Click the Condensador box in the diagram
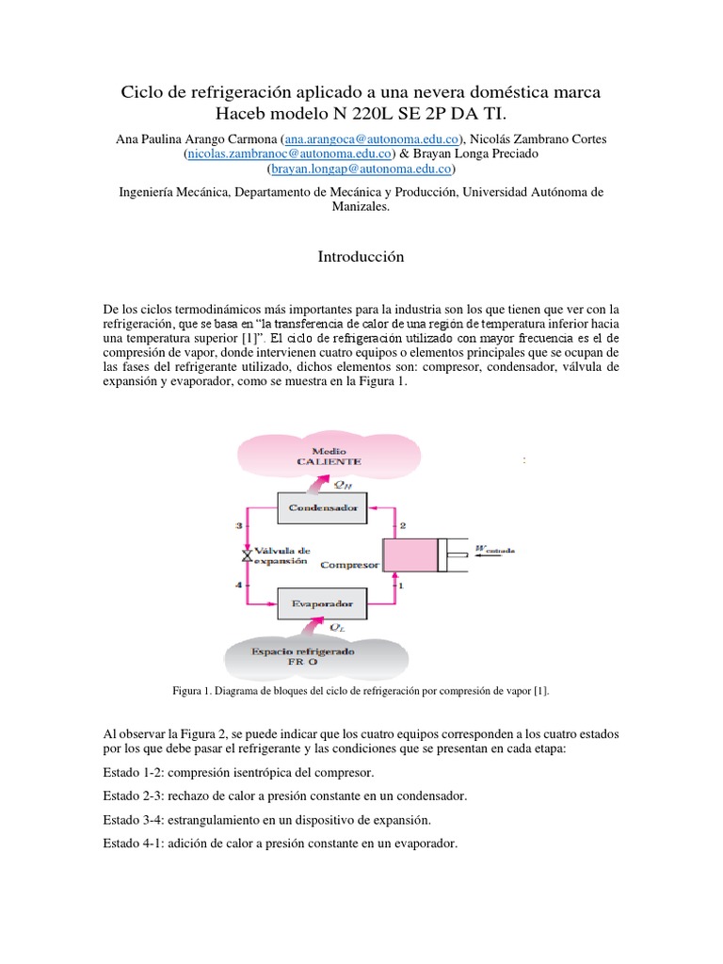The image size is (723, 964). (x=320, y=509)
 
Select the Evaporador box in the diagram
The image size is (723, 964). (x=320, y=602)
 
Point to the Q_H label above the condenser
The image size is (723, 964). (x=345, y=486)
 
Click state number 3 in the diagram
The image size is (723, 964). (x=239, y=525)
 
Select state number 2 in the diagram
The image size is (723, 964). (x=402, y=525)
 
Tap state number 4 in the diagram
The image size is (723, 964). (x=239, y=586)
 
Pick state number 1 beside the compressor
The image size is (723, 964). (x=402, y=586)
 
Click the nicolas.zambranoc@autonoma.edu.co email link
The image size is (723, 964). (x=252, y=153)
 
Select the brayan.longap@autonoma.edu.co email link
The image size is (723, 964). (x=361, y=169)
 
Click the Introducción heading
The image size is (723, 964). (x=361, y=256)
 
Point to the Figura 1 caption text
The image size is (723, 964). (x=361, y=691)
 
